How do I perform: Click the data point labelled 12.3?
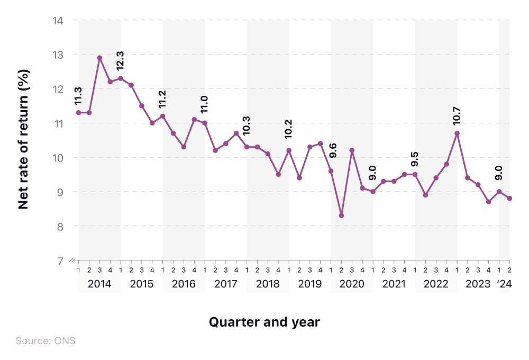click(121, 78)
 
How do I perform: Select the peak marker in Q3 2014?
click(99, 58)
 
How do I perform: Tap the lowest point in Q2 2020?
click(341, 215)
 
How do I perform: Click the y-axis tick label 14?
click(57, 21)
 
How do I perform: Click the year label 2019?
click(309, 284)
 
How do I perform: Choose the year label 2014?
click(99, 284)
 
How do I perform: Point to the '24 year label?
click(505, 284)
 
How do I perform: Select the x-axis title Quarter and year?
click(264, 321)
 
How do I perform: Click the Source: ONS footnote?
click(45, 340)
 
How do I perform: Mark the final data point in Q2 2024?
click(509, 199)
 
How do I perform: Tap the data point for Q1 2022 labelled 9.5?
click(415, 174)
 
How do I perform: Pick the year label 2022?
click(436, 284)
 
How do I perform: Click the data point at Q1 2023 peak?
click(457, 133)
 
